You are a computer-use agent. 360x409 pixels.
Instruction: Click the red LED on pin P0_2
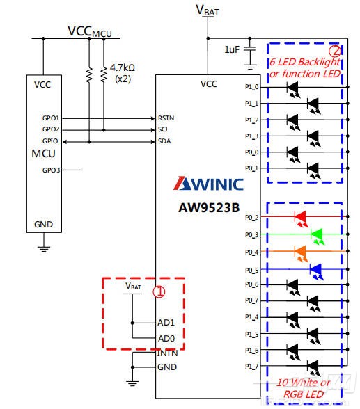302,218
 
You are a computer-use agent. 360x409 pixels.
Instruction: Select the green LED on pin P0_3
317,235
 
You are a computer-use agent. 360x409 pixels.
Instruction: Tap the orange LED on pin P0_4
302,252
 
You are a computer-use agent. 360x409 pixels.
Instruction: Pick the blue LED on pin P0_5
315,268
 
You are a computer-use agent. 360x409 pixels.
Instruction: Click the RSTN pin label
166,118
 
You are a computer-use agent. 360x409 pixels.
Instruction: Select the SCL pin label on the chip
164,129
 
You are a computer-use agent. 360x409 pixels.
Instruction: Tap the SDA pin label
164,141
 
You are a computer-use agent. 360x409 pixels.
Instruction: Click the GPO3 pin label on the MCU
51,170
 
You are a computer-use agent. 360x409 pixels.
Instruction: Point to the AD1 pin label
166,323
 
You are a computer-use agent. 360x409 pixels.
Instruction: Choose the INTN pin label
167,353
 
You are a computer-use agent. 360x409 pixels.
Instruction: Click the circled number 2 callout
335,51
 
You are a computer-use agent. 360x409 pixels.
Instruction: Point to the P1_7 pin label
251,367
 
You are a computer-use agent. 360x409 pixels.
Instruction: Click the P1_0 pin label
251,87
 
